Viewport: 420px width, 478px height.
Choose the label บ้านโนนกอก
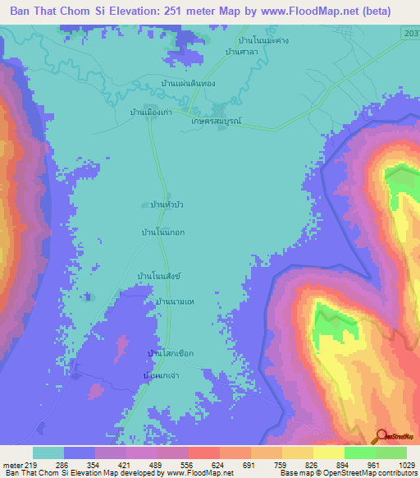[x=163, y=232]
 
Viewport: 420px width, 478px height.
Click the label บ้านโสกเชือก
[x=170, y=353]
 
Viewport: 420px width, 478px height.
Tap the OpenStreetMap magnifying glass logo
[x=382, y=437]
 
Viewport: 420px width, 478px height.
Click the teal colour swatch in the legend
[x=48, y=453]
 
